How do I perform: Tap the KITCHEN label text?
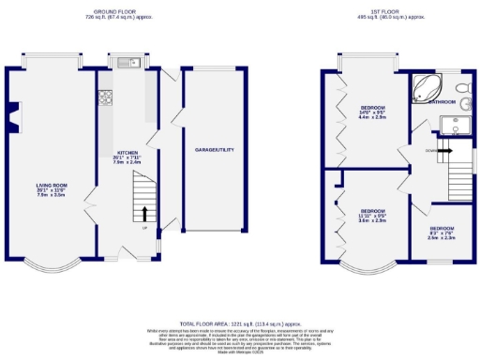coord(127,152)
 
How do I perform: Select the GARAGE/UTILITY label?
coord(213,150)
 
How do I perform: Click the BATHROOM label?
coord(442,101)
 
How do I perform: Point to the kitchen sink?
coord(129,63)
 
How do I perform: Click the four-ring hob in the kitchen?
coord(105,97)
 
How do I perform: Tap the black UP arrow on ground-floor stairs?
coord(144,215)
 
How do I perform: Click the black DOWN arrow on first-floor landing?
coord(449,148)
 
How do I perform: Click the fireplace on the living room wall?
coord(11,114)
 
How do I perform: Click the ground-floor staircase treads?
coord(143,202)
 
